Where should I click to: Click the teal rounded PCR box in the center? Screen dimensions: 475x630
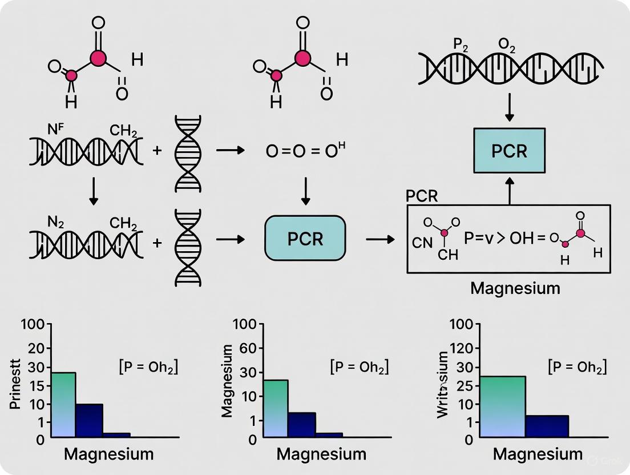pos(305,238)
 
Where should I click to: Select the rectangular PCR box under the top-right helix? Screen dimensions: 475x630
pos(510,151)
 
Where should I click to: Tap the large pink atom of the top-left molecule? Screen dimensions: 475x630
pos(98,58)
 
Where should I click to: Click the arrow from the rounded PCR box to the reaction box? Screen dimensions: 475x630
pos(379,239)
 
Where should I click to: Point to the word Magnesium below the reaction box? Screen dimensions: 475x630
pos(515,288)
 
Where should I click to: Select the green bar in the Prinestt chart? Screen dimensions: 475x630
pos(63,405)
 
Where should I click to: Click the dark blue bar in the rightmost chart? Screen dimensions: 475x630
pos(547,426)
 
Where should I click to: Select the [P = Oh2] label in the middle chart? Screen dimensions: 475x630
pos(359,367)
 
